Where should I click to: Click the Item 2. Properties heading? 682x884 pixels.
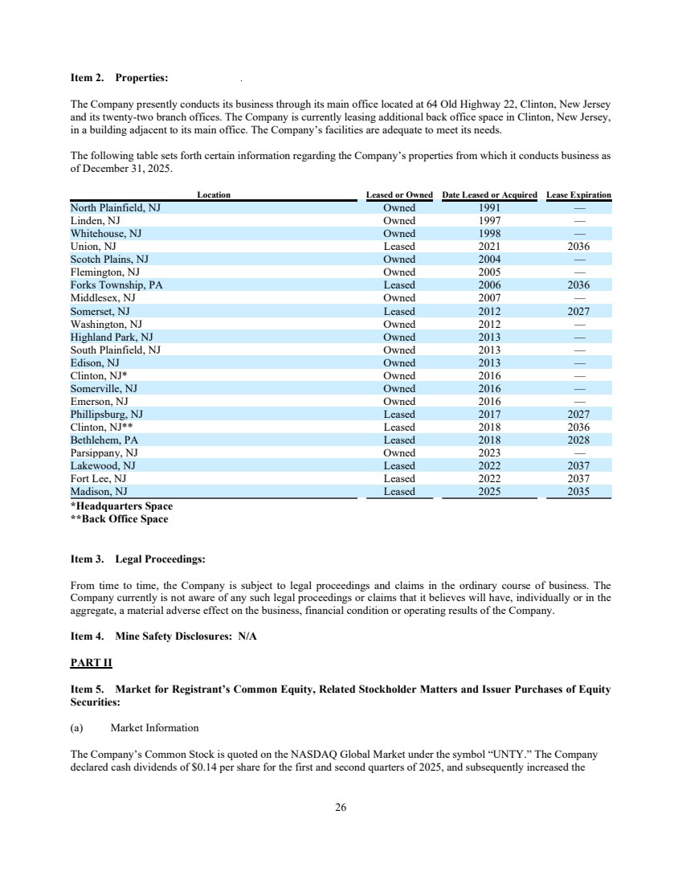click(x=119, y=78)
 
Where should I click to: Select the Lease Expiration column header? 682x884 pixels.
click(x=578, y=194)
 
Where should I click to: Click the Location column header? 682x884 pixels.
click(x=214, y=194)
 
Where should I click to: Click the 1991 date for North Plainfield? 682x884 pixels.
click(x=488, y=207)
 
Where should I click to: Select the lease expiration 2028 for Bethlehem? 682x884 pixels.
click(x=578, y=440)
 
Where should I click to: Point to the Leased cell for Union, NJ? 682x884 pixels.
click(x=399, y=246)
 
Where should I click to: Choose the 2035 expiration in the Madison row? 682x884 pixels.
click(x=578, y=491)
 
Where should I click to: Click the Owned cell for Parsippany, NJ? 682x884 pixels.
click(x=399, y=452)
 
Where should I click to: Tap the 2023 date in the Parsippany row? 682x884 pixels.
click(x=488, y=452)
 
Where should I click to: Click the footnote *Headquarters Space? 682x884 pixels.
click(x=121, y=505)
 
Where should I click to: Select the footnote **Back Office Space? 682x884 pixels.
click(x=120, y=518)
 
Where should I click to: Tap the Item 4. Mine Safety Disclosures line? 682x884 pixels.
click(x=163, y=636)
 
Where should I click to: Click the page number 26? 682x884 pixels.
click(x=341, y=808)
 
